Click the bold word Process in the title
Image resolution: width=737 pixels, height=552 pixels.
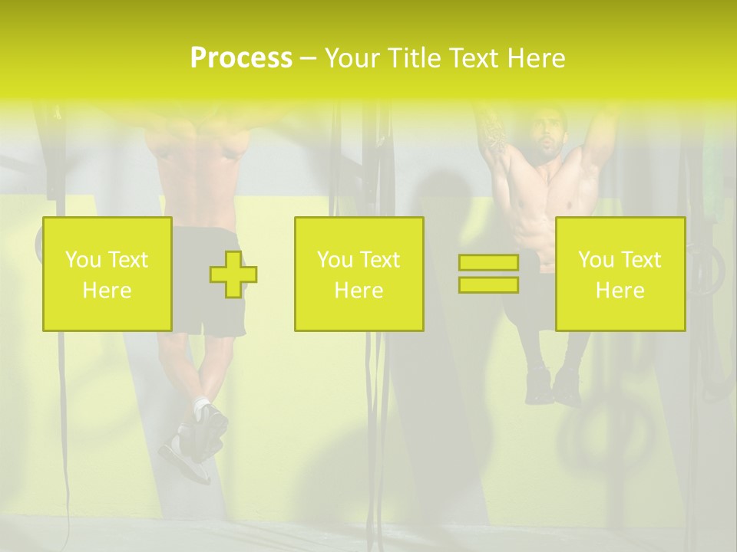[241, 58]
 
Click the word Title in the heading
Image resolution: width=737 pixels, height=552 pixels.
[415, 58]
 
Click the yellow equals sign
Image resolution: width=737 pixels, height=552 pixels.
[488, 274]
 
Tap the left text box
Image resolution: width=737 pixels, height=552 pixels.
[107, 274]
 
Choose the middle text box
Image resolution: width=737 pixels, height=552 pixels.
[359, 274]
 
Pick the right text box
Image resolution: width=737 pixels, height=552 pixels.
[620, 274]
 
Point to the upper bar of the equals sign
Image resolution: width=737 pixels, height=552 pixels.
[488, 263]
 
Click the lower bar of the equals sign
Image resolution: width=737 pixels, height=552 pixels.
[488, 284]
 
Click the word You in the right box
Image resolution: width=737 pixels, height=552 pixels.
[595, 260]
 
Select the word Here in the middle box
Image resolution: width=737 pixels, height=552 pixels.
[359, 290]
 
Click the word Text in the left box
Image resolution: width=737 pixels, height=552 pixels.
[127, 260]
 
